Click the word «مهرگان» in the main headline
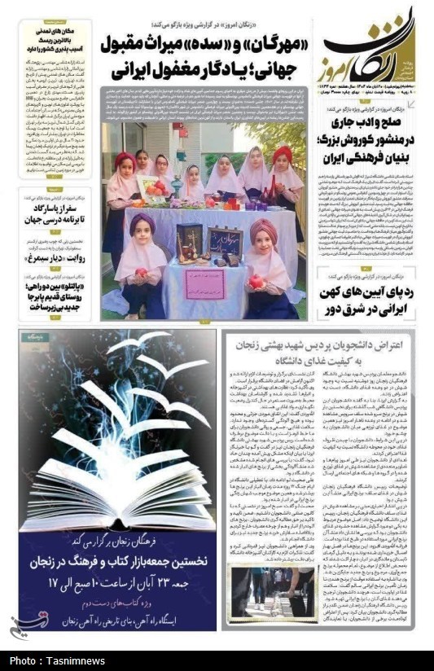[x=269, y=42]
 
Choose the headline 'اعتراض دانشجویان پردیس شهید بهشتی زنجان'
[x=320, y=352]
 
